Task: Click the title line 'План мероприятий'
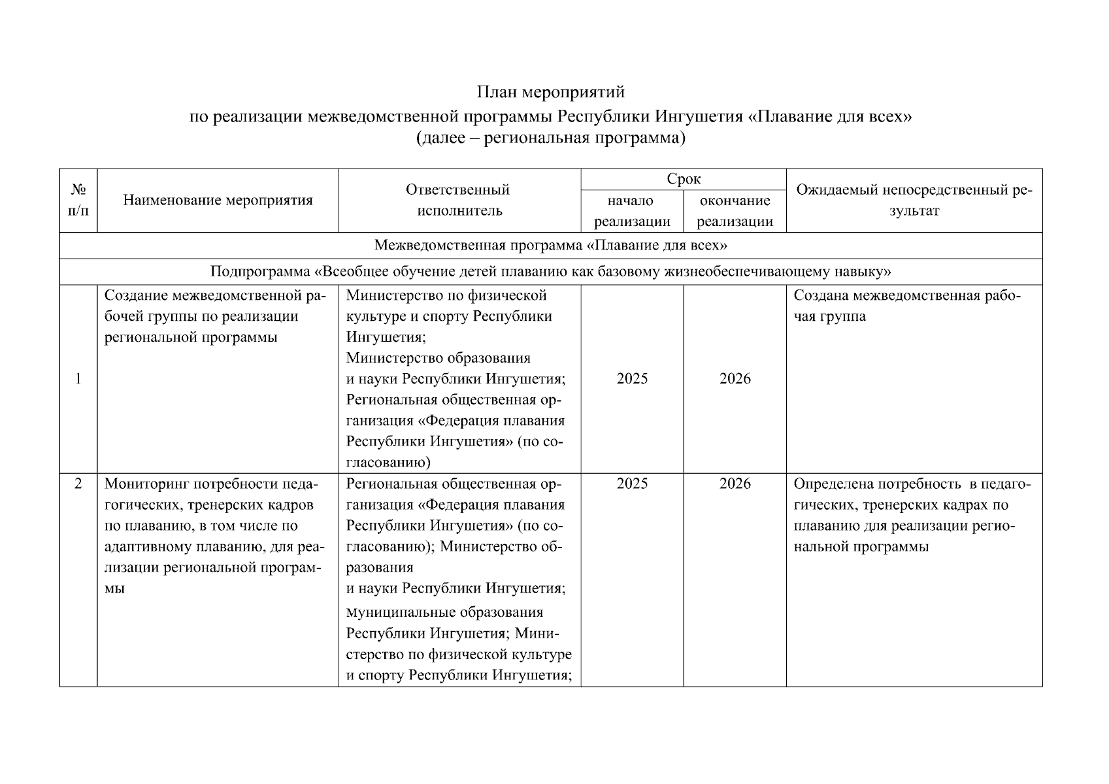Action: click(x=550, y=92)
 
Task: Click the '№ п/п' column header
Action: click(x=78, y=200)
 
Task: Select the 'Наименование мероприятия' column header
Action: click(x=218, y=200)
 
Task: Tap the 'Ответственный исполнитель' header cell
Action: click(x=459, y=200)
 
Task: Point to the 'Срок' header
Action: click(x=683, y=179)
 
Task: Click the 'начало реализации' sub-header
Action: click(x=632, y=211)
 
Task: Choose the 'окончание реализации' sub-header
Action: click(x=735, y=211)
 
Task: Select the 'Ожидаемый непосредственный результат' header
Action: click(x=914, y=200)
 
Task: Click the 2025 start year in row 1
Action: click(x=632, y=379)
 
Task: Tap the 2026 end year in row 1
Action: click(x=735, y=379)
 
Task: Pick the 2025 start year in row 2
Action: click(x=632, y=484)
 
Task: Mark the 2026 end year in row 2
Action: click(x=735, y=484)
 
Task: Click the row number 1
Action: click(x=78, y=379)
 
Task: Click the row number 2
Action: click(x=78, y=484)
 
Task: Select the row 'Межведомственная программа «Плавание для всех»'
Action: click(x=550, y=246)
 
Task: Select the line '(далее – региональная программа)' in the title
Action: click(x=550, y=139)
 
